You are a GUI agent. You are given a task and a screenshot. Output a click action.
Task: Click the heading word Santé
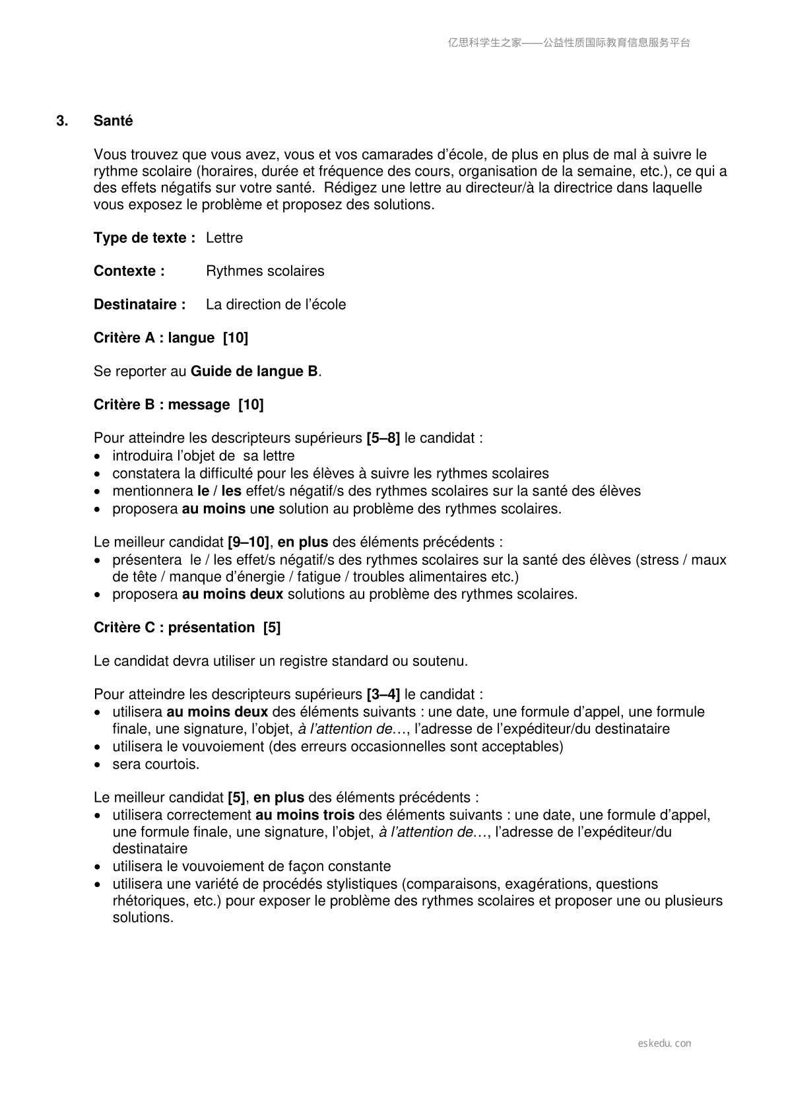click(x=113, y=121)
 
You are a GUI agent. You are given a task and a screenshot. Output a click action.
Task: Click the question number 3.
click(x=62, y=121)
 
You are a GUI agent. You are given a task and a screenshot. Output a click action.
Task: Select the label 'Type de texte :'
click(x=144, y=238)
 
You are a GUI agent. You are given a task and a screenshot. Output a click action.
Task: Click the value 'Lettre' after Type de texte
click(x=224, y=238)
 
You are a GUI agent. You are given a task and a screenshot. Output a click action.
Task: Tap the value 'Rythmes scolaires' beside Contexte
click(x=265, y=271)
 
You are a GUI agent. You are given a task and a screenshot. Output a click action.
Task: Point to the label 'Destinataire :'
click(x=139, y=305)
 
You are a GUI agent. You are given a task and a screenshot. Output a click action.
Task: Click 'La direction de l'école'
click(x=275, y=305)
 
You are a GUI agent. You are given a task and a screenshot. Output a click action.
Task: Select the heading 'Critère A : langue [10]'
click(x=170, y=338)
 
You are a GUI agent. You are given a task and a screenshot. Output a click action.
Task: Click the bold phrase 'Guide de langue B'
click(x=254, y=372)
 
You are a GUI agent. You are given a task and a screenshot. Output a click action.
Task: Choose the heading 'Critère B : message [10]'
click(x=178, y=405)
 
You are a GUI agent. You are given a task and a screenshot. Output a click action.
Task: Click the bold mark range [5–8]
click(x=383, y=438)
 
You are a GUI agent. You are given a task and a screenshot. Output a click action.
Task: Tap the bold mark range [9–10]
click(x=248, y=542)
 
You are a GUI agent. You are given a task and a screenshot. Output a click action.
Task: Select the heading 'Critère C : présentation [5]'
click(x=187, y=628)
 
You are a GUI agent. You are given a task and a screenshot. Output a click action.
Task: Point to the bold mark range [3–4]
click(x=383, y=694)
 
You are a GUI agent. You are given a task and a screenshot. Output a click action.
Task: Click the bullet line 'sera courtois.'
click(x=156, y=764)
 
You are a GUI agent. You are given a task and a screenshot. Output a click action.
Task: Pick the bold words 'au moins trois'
click(x=305, y=815)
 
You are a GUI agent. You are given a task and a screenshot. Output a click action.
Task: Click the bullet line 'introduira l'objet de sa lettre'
click(x=203, y=456)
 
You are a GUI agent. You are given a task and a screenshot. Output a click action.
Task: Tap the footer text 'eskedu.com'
click(x=665, y=1043)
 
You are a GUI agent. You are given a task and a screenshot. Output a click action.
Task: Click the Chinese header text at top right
click(x=569, y=43)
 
